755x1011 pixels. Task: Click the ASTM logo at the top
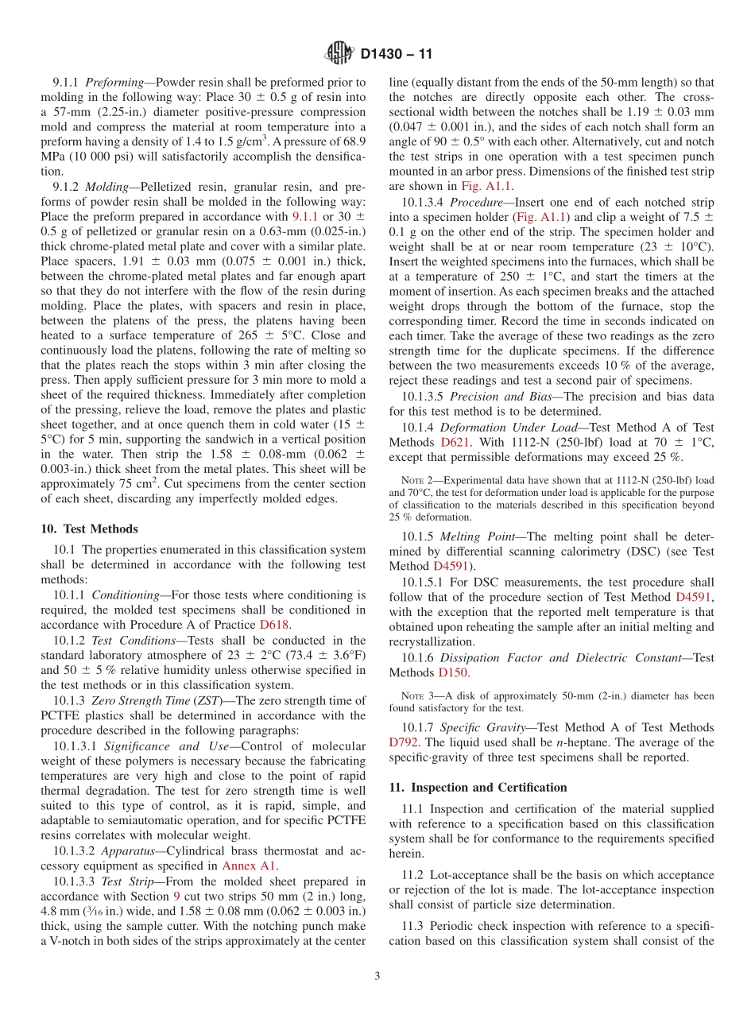click(x=339, y=54)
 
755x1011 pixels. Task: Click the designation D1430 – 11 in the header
click(x=397, y=55)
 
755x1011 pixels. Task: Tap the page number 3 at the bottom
click(x=377, y=976)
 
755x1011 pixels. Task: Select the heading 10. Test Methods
click(x=89, y=529)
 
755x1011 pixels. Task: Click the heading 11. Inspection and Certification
click(x=478, y=787)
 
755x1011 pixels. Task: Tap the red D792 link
click(x=403, y=742)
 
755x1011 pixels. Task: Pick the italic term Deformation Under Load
click(x=508, y=427)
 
